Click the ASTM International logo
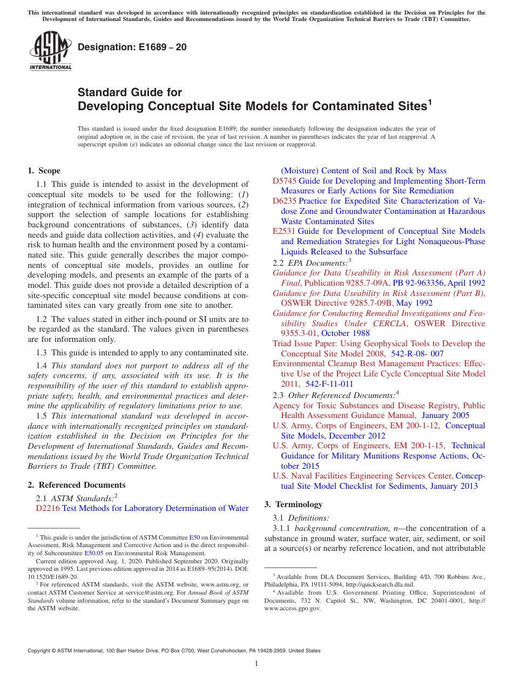pos(50,52)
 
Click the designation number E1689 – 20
pos(132,47)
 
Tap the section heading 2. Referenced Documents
pos(76,485)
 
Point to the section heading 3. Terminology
pos(293,504)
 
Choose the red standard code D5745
pos(284,181)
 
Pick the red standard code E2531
pos(284,231)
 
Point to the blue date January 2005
pos(446,415)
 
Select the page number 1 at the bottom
pos(256,664)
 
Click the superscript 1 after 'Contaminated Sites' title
pos(430,101)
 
